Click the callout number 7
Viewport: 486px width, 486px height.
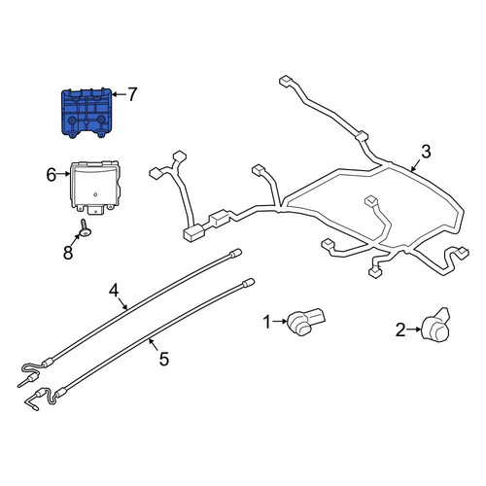click(132, 94)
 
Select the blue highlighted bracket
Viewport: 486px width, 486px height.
click(87, 113)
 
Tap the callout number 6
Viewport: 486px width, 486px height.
click(52, 175)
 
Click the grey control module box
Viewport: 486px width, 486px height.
click(95, 187)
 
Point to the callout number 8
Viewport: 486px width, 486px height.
click(68, 253)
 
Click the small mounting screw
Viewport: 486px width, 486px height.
click(86, 227)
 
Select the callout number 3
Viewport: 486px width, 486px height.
click(426, 152)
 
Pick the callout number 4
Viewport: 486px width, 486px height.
click(114, 291)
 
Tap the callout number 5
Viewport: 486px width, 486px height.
click(164, 359)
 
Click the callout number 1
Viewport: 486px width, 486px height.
click(267, 323)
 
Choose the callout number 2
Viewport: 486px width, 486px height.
click(400, 330)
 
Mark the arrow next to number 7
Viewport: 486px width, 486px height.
click(119, 94)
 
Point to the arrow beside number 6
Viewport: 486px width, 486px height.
click(63, 174)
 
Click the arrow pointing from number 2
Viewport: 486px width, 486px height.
click(414, 330)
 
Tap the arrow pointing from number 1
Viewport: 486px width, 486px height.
click(280, 322)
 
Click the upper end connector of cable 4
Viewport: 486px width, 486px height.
click(235, 253)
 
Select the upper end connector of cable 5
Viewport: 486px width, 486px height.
click(248, 282)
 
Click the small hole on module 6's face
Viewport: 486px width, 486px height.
click(95, 194)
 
